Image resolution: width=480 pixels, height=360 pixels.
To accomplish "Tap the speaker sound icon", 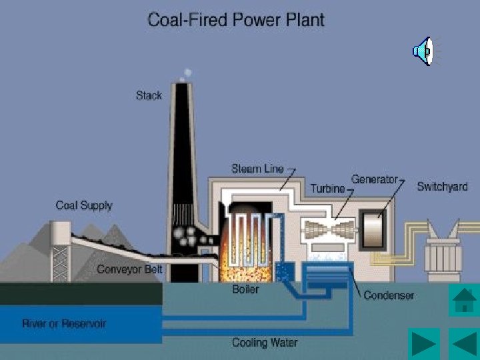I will (x=423, y=51).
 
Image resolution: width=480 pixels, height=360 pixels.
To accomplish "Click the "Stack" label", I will (x=149, y=95).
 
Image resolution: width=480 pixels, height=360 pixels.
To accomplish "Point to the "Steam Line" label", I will (x=257, y=169).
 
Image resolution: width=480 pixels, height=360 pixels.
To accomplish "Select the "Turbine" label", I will (x=327, y=188).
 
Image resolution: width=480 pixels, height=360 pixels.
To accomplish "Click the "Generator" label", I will (x=374, y=179).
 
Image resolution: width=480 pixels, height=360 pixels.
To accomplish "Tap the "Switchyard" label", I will (x=442, y=186).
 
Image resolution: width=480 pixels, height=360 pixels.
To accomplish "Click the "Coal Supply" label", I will (x=84, y=205).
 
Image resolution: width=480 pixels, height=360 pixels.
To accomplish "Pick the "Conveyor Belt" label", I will (x=130, y=269).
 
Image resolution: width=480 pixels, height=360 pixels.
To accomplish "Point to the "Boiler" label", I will (x=245, y=289).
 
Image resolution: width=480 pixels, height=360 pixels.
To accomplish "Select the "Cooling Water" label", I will (x=265, y=343).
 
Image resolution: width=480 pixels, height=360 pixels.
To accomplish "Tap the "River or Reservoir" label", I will (x=64, y=324).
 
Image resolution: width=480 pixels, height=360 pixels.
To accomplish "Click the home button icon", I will (x=464, y=300).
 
